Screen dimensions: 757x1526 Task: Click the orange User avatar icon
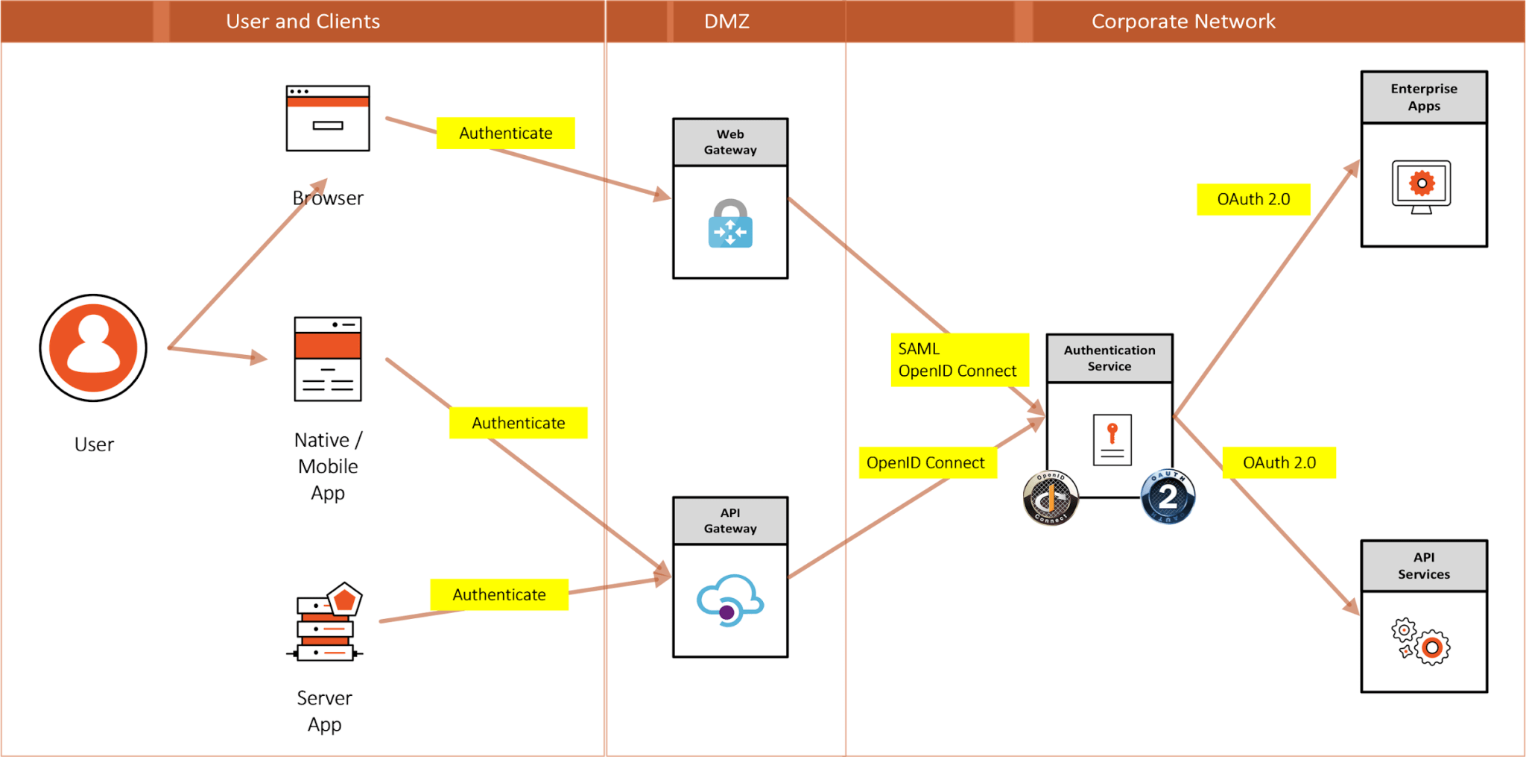[93, 348]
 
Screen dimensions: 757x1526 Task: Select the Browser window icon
[328, 118]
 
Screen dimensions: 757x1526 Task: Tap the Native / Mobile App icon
[328, 359]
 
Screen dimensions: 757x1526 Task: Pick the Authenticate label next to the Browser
[505, 133]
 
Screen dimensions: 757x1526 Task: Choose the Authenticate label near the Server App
[499, 594]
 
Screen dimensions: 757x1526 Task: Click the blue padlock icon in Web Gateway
[730, 224]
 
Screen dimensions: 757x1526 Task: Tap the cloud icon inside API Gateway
[729, 600]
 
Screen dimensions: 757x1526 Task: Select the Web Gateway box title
[730, 142]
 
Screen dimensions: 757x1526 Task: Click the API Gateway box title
[730, 521]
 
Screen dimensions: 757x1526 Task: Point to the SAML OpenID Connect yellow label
[959, 359]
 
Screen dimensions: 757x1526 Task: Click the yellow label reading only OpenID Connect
[927, 462]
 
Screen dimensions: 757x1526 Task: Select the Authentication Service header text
[1109, 358]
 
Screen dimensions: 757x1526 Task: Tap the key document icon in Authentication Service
[1112, 440]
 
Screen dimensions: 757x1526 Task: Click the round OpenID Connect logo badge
[1051, 498]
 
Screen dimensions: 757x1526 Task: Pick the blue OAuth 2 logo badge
[1168, 497]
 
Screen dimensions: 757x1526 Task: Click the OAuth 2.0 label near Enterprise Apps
[1253, 199]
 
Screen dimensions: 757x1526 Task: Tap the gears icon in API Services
[1420, 641]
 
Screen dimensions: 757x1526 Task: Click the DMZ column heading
[726, 21]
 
